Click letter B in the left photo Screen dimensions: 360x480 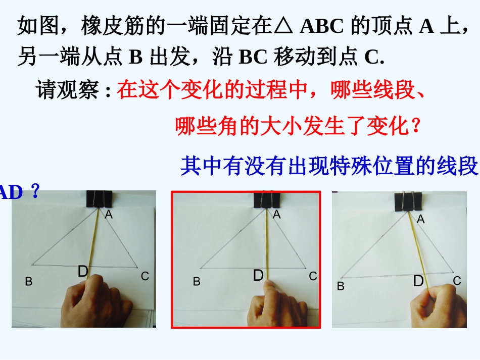click(x=29, y=282)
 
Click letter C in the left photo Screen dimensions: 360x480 click(x=145, y=276)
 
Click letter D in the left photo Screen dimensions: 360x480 click(x=83, y=272)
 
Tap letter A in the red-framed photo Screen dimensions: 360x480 click(x=276, y=215)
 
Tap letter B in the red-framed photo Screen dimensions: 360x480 click(x=197, y=282)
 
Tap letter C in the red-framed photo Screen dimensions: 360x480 click(x=313, y=276)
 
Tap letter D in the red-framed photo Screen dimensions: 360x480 click(x=258, y=276)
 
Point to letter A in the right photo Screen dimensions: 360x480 click(x=420, y=219)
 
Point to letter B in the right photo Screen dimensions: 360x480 click(x=341, y=286)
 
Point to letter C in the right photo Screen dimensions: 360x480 click(x=457, y=281)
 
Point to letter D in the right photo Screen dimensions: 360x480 click(x=418, y=281)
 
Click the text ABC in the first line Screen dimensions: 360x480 click(x=321, y=27)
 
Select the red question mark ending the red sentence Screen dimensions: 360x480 click(x=416, y=126)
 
